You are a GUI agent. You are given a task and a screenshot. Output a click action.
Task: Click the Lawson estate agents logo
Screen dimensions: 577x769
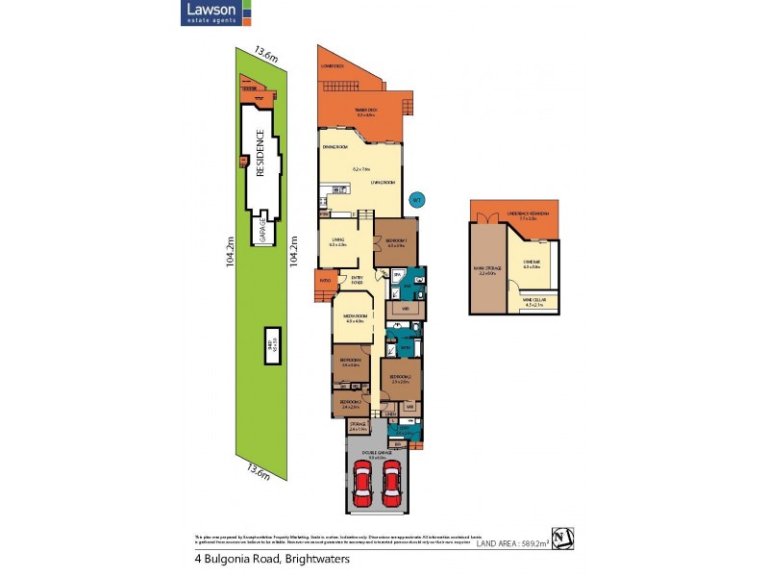pyautogui.click(x=216, y=13)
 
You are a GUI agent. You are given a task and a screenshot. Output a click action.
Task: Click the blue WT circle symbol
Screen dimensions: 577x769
pyautogui.click(x=416, y=200)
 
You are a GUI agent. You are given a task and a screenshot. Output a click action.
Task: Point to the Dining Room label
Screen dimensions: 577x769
pyautogui.click(x=334, y=146)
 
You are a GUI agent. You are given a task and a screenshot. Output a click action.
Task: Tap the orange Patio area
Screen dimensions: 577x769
pyautogui.click(x=324, y=282)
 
